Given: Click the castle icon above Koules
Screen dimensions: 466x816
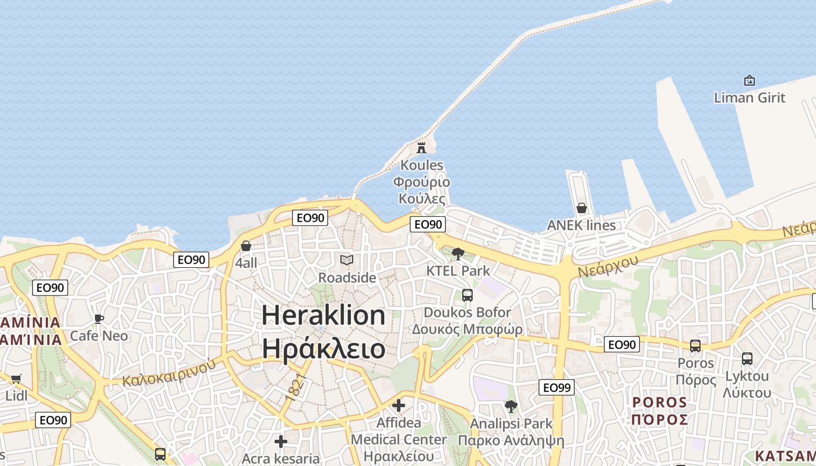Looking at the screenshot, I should (421, 147).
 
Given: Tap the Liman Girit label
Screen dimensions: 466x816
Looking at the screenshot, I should (750, 97).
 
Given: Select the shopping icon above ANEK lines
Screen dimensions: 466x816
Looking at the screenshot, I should (581, 208).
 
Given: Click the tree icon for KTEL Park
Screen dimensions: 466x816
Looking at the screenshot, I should (458, 254).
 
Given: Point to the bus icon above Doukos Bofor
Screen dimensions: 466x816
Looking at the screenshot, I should (467, 295).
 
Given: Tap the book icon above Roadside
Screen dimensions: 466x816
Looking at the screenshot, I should (347, 260).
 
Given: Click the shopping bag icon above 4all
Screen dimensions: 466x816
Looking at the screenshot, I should (246, 246).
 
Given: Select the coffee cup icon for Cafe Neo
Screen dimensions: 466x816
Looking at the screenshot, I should (99, 319).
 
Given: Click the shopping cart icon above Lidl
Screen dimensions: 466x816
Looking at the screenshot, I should (16, 379).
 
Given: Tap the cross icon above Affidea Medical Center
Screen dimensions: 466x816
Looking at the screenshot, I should (399, 405).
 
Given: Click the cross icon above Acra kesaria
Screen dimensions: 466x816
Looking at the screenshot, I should (281, 442).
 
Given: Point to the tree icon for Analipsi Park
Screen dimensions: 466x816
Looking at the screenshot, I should (511, 406).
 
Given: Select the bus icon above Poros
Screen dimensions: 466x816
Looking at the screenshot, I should (695, 346).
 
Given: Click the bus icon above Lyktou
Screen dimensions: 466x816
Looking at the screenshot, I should (747, 359).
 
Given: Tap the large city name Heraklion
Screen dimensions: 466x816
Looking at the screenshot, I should (323, 315).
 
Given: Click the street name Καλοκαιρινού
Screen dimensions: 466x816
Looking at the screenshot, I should (169, 372).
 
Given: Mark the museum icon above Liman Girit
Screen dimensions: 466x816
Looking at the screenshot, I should (750, 80).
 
